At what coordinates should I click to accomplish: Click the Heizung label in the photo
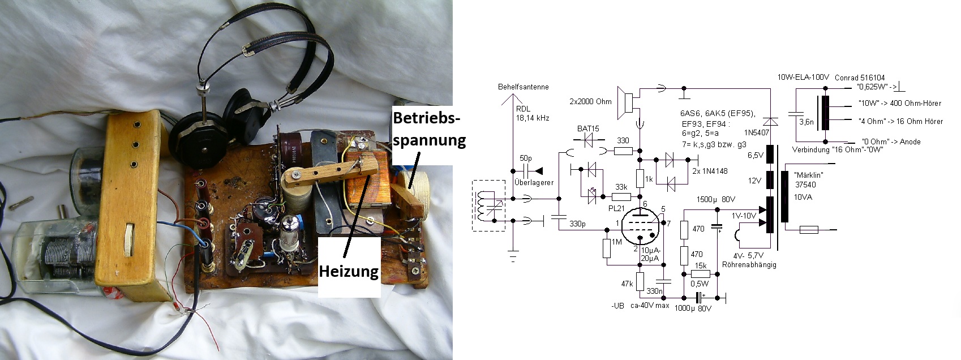point(349,271)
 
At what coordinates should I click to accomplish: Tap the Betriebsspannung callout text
point(429,129)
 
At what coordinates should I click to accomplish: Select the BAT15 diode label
point(588,128)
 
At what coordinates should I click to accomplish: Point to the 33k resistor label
point(621,187)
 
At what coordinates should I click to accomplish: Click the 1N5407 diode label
point(756,132)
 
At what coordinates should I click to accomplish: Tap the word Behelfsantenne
point(523,87)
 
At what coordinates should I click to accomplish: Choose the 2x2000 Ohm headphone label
point(590,101)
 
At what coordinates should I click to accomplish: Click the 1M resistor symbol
point(606,248)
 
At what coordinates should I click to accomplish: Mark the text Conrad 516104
point(860,78)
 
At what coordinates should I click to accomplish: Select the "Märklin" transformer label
point(809,175)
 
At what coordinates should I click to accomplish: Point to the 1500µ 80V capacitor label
point(715,199)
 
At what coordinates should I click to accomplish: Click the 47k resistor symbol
point(640,281)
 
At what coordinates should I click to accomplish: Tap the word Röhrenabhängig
point(749,265)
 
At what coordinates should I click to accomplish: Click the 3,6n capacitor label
point(806,122)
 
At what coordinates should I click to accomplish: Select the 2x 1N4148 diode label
point(710,171)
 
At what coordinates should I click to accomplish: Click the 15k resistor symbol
point(701,274)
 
